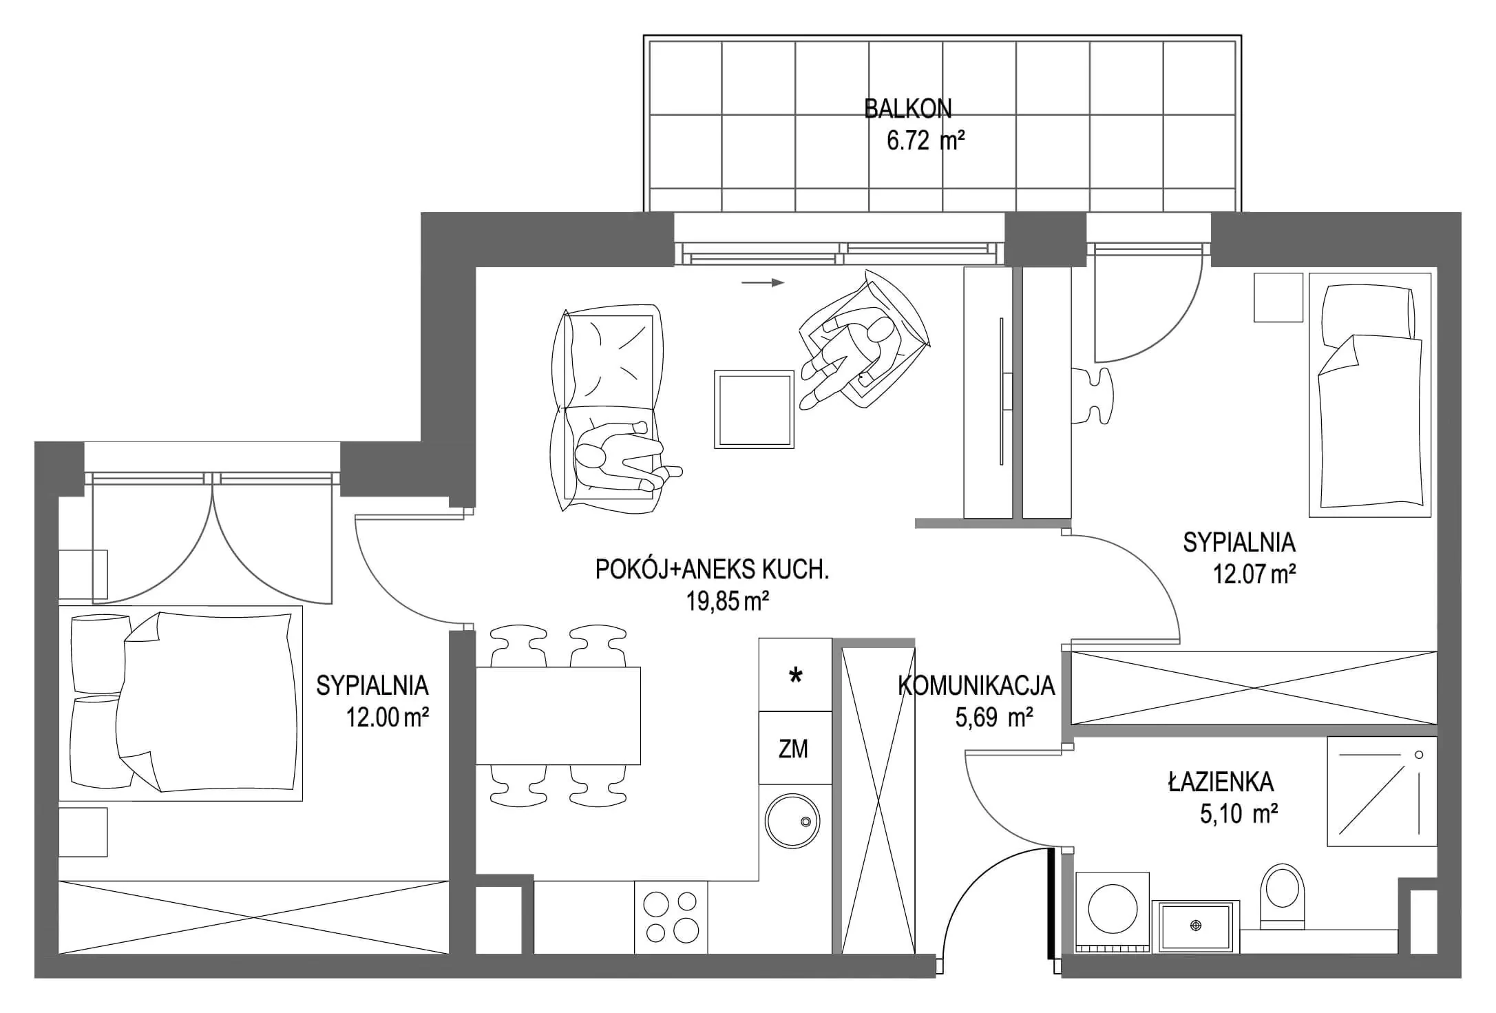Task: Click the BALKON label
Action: click(907, 109)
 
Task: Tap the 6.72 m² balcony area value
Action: click(925, 141)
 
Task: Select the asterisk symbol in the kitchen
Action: click(795, 676)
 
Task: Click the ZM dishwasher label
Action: click(793, 749)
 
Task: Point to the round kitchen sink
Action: click(792, 821)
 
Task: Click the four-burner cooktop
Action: click(672, 917)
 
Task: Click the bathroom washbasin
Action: click(1195, 927)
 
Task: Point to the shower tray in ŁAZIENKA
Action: click(1381, 792)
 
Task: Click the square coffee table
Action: click(754, 409)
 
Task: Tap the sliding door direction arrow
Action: click(763, 282)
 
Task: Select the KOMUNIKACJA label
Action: click(976, 686)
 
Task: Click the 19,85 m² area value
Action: click(727, 602)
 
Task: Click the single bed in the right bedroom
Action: click(1369, 395)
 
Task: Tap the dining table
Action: click(558, 716)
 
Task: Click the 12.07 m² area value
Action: click(1254, 574)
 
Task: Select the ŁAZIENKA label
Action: click(1221, 782)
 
